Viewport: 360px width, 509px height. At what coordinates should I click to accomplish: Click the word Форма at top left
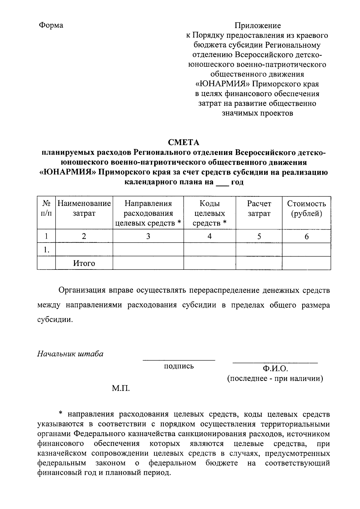[x=51, y=25]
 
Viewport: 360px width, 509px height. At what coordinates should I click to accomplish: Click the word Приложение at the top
[x=258, y=25]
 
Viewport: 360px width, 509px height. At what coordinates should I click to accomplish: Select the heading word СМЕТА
[x=183, y=142]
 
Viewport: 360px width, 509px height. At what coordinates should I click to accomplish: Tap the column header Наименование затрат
[x=84, y=209]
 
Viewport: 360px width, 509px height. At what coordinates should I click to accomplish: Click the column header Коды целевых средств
[x=209, y=213]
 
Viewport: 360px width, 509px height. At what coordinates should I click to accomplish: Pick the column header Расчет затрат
[x=259, y=209]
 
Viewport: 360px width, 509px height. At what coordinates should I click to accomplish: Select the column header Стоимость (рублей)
[x=306, y=209]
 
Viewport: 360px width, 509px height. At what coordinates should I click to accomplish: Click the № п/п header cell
[x=46, y=209]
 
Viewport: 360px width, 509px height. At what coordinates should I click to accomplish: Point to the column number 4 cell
[x=209, y=237]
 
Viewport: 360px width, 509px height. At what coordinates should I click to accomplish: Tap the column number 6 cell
[x=306, y=237]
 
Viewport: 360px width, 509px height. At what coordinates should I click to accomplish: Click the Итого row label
[x=84, y=263]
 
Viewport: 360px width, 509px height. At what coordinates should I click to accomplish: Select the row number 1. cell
[x=46, y=250]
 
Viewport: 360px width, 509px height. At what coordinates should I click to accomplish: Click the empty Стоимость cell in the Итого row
[x=306, y=263]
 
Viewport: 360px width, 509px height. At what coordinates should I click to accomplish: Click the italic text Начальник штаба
[x=70, y=354]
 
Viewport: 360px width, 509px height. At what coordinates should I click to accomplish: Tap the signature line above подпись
[x=179, y=360]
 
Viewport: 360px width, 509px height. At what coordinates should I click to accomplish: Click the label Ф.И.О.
[x=275, y=369]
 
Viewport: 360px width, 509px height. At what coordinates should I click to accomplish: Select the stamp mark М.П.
[x=121, y=389]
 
